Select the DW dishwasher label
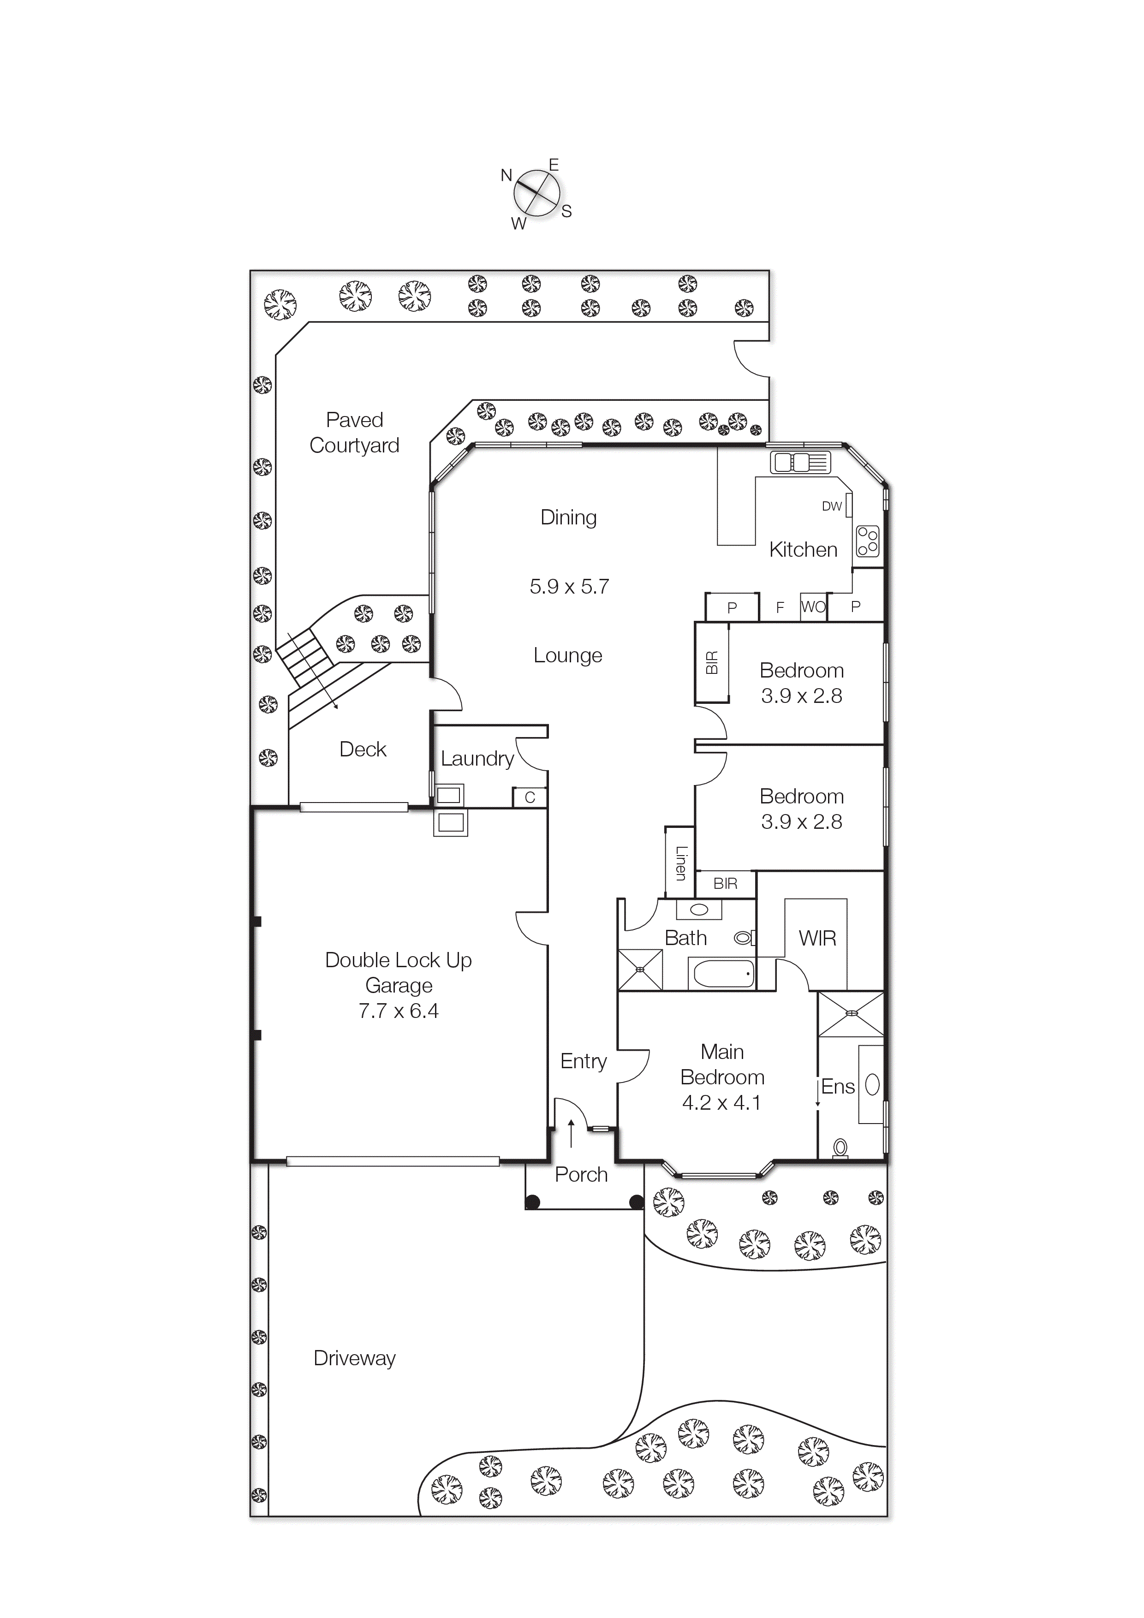[832, 506]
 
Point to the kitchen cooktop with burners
[868, 541]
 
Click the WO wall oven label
[813, 607]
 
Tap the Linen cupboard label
[680, 863]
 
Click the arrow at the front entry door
[571, 1132]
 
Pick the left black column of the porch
[533, 1202]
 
